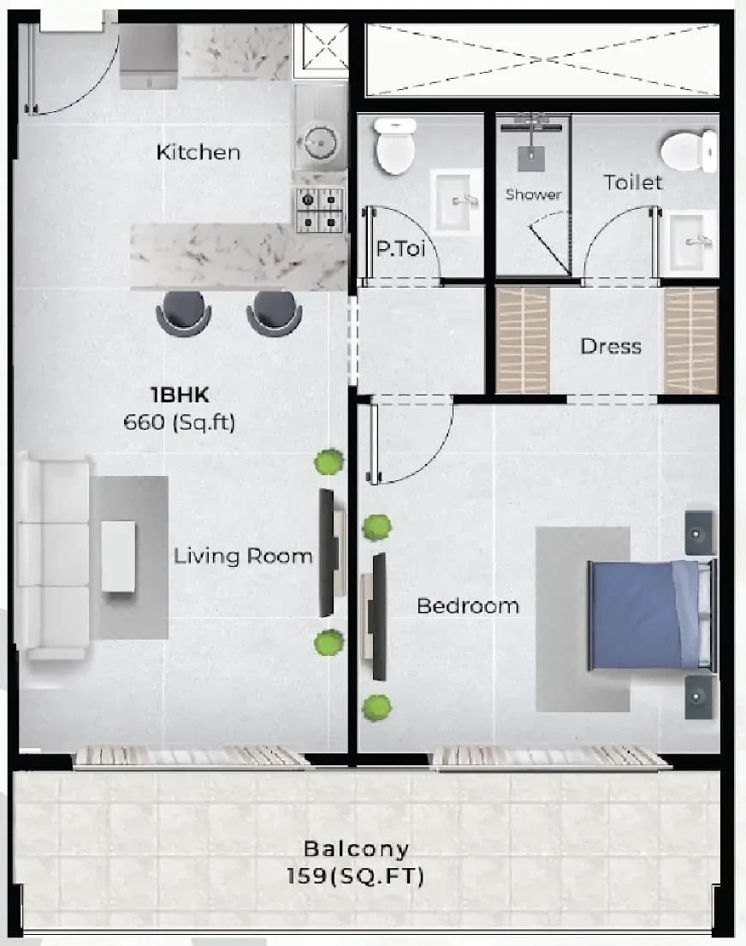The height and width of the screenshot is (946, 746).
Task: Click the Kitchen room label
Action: (198, 152)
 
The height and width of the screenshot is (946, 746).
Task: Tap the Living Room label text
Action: (243, 556)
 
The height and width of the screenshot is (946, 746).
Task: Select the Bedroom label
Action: (468, 606)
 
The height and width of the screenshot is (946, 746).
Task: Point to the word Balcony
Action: (356, 849)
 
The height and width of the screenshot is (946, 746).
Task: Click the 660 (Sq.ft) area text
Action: (179, 422)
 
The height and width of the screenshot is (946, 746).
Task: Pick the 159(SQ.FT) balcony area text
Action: (354, 876)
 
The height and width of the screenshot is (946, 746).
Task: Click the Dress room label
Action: (610, 347)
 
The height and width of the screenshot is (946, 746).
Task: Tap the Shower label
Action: (533, 194)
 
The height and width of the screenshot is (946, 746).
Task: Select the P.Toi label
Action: (400, 248)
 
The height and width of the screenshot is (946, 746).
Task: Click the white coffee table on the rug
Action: (118, 556)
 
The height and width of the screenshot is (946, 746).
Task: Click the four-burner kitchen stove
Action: (319, 210)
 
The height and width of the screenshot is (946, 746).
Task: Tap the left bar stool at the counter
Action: (183, 312)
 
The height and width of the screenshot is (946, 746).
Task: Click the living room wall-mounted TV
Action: (326, 553)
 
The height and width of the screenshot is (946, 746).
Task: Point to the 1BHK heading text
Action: (180, 395)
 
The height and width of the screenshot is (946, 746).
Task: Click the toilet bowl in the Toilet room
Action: (688, 151)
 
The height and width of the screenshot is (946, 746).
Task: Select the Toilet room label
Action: (632, 182)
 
